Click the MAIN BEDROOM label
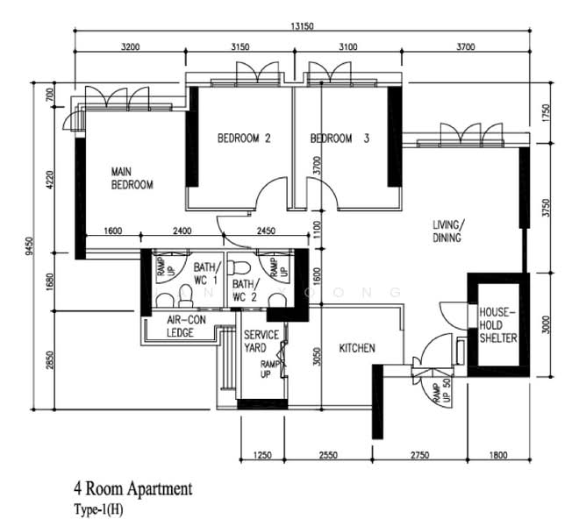(x=132, y=178)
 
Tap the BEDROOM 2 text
(x=243, y=139)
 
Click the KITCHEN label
(x=357, y=348)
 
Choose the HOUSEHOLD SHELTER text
(x=497, y=324)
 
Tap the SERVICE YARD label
(x=261, y=342)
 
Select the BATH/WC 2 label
(x=246, y=290)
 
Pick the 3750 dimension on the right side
(x=546, y=208)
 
